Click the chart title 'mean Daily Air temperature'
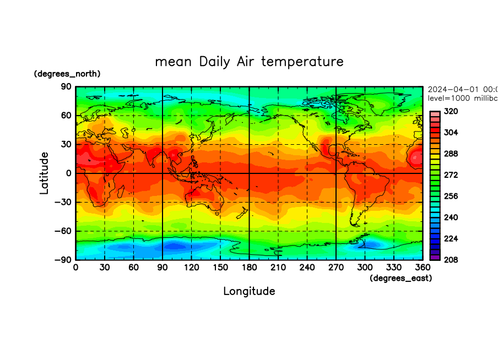pyautogui.click(x=249, y=61)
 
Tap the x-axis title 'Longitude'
pyautogui.click(x=249, y=291)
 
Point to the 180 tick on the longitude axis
pyautogui.click(x=249, y=267)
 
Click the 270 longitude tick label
pyautogui.click(x=335, y=267)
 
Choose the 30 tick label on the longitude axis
pyautogui.click(x=105, y=267)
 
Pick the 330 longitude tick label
pyautogui.click(x=393, y=267)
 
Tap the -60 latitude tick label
pyautogui.click(x=64, y=231)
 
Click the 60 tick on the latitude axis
pyautogui.click(x=67, y=116)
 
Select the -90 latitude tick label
pyautogui.click(x=64, y=260)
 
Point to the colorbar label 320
pyautogui.click(x=451, y=111)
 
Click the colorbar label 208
pyautogui.click(x=451, y=259)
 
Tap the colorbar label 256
pyautogui.click(x=451, y=196)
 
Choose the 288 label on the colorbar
pyautogui.click(x=451, y=154)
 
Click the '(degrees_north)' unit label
pyautogui.click(x=67, y=74)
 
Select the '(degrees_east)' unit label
pyautogui.click(x=400, y=279)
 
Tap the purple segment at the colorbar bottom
pyautogui.click(x=435, y=257)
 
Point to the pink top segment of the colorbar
pyautogui.click(x=435, y=113)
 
